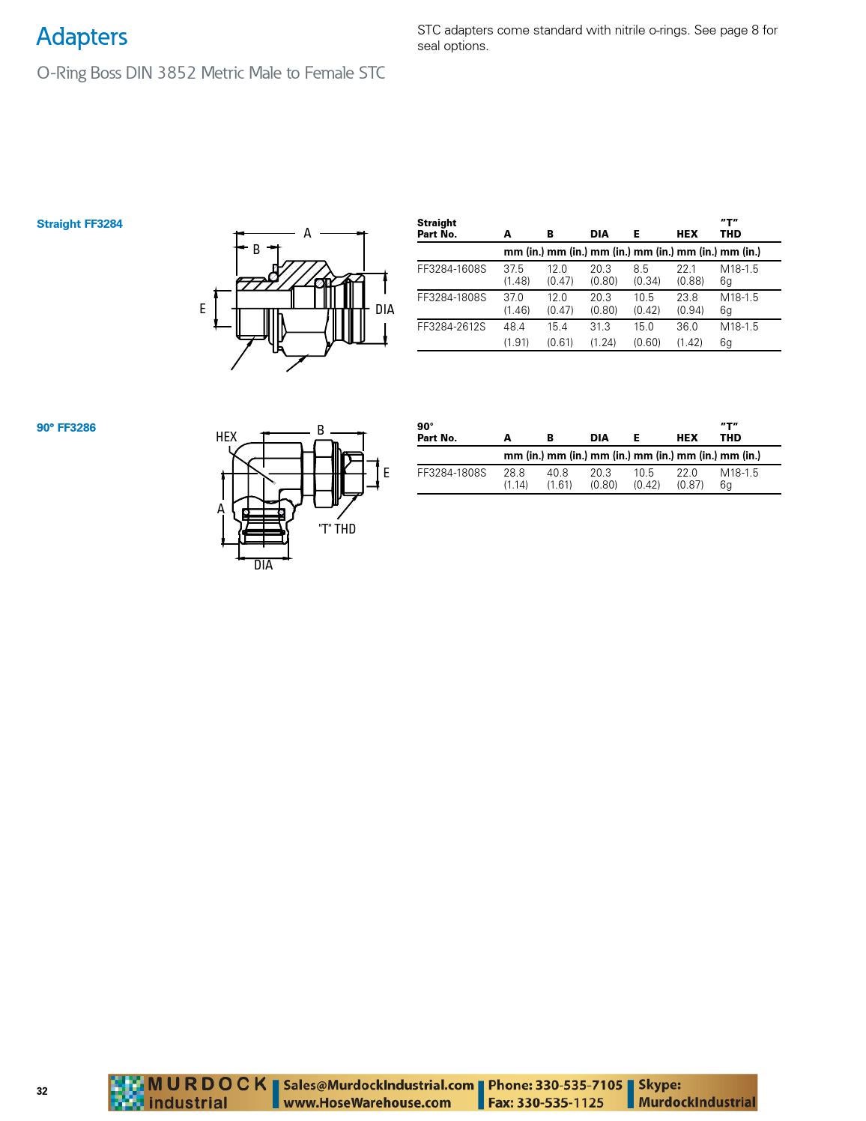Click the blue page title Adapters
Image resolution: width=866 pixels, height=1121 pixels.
[82, 37]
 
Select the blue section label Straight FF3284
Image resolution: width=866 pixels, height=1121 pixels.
[79, 223]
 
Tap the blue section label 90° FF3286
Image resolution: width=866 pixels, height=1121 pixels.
[66, 427]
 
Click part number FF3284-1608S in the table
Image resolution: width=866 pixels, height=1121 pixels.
[451, 268]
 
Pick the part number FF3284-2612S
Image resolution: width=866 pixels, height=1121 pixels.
[451, 327]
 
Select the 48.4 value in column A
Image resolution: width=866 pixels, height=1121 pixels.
[514, 327]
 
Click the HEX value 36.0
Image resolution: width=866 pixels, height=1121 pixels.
[687, 327]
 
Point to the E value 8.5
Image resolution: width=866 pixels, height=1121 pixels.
[641, 268]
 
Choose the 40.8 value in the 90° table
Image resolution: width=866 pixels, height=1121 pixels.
[557, 473]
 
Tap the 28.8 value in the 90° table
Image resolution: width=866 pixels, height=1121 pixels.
[514, 473]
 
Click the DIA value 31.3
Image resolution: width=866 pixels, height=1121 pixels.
[600, 327]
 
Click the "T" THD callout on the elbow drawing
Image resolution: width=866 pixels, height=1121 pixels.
[337, 529]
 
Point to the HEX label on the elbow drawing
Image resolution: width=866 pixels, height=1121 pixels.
[226, 437]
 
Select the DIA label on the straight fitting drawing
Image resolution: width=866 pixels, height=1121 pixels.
[384, 309]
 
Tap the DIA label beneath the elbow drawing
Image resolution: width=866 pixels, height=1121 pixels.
[263, 565]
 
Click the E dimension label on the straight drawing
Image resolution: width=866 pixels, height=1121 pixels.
[202, 309]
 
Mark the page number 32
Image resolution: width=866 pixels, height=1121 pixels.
[42, 1091]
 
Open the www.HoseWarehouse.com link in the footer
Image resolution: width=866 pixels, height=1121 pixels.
[367, 1102]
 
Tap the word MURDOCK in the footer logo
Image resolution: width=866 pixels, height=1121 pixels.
[208, 1084]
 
